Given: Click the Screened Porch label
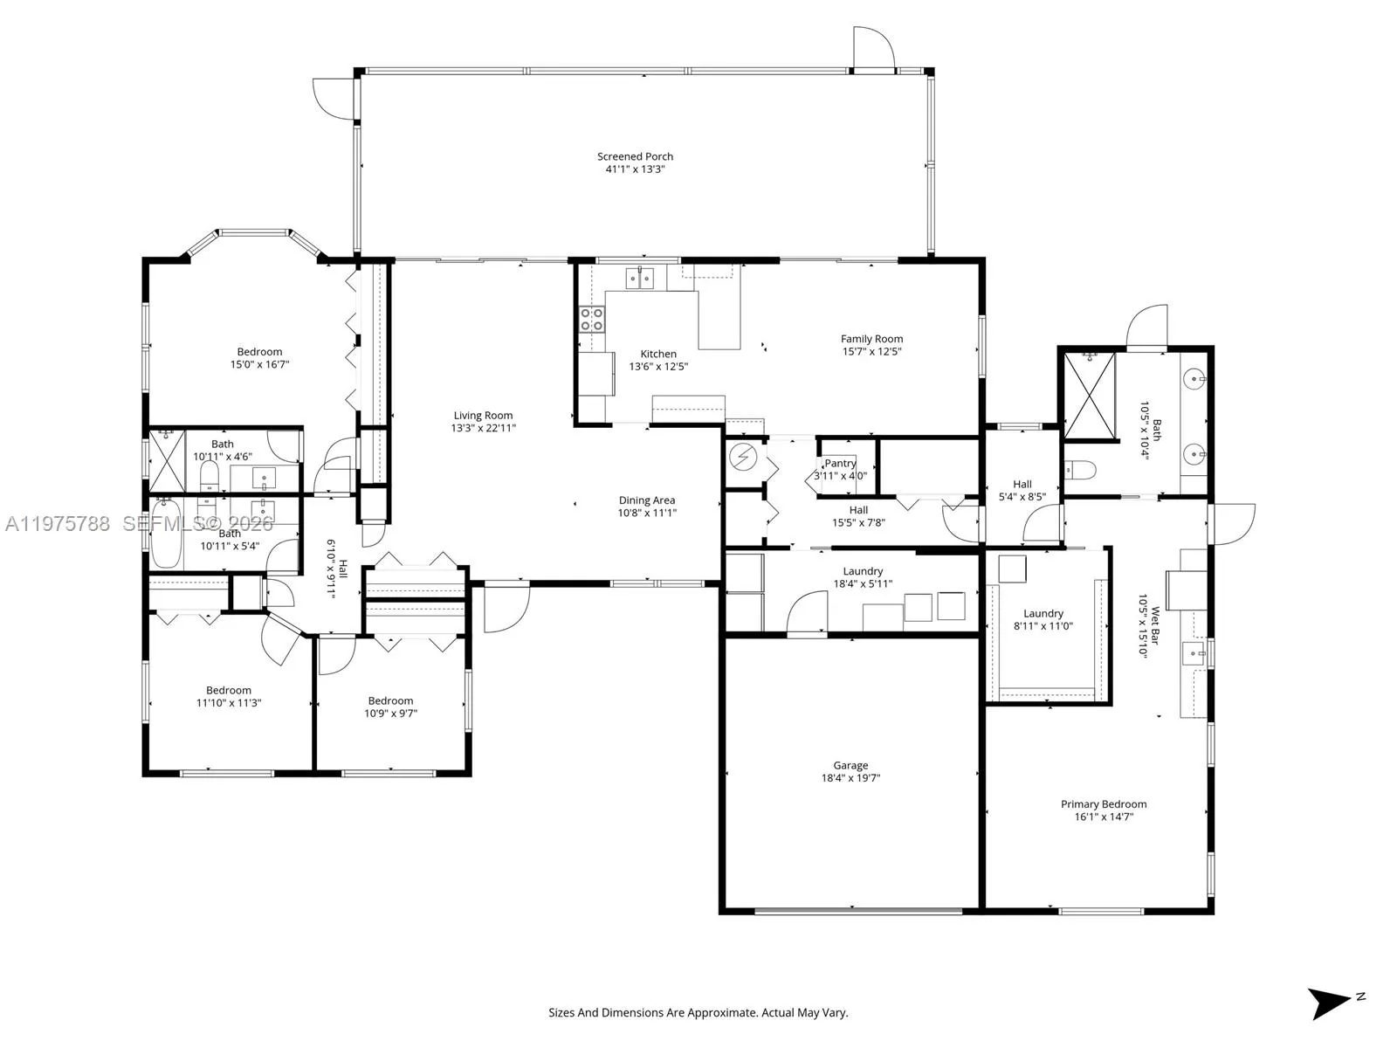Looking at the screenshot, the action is click(635, 156).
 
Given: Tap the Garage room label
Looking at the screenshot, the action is click(850, 766).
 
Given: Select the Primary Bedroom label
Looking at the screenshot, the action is click(1104, 804).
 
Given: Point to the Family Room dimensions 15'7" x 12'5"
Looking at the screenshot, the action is click(871, 351).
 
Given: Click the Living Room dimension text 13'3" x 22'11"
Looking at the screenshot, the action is click(483, 428).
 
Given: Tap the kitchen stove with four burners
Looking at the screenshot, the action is click(591, 319).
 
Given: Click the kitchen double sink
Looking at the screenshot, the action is click(639, 278).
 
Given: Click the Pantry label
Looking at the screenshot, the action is click(840, 463).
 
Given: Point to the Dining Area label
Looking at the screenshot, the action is click(647, 500).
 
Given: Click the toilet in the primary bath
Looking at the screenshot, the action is click(1080, 470).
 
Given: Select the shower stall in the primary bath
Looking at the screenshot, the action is click(1090, 396).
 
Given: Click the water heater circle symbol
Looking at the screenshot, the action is click(741, 458).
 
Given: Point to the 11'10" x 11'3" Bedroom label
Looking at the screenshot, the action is click(229, 691).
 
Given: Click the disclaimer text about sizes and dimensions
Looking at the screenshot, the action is click(698, 1012).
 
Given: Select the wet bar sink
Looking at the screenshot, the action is click(1194, 653).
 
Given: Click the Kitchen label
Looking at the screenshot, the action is click(658, 354).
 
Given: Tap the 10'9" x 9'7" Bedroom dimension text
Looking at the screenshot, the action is click(391, 714).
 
